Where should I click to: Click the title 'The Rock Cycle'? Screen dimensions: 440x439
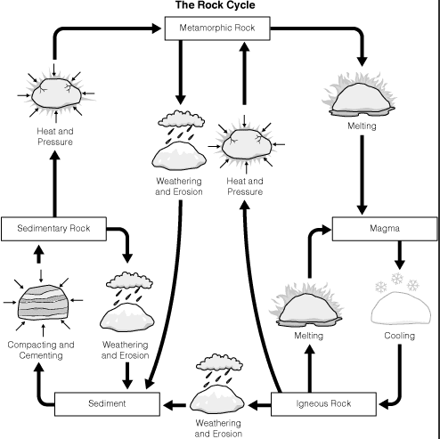216,5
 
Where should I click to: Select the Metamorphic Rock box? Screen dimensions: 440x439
217,28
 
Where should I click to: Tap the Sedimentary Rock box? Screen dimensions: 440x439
53,229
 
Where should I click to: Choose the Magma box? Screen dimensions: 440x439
385,229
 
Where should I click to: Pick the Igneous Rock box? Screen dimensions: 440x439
323,404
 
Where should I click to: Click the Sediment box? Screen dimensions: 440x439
107,404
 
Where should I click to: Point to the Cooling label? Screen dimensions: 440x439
399,336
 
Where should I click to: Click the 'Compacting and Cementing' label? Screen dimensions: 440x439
41,350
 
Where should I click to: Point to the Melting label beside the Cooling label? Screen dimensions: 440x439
309,336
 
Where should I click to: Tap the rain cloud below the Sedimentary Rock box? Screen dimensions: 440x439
129,280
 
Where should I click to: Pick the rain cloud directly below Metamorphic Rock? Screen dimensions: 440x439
181,118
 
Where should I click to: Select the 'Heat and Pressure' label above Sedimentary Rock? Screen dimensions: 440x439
55,136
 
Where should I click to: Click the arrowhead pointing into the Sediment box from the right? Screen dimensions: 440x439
168,404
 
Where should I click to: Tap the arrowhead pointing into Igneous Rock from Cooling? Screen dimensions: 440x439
384,404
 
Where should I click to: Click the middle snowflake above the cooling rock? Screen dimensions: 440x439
397,279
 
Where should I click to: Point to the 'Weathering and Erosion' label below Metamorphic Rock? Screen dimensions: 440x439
179,186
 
